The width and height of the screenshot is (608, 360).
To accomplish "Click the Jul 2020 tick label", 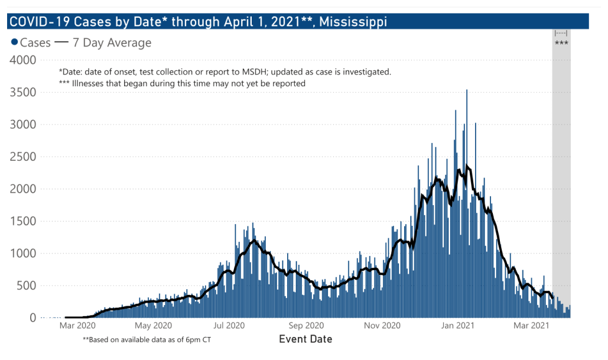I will tap(229, 325).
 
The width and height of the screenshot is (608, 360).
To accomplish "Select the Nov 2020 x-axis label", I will tap(383, 325).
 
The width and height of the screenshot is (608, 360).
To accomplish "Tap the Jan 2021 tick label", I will tap(458, 325).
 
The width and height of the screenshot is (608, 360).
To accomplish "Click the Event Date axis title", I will tap(305, 339).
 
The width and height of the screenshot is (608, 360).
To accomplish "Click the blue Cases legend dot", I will tap(15, 43).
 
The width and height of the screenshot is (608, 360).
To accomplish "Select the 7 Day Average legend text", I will tap(112, 43).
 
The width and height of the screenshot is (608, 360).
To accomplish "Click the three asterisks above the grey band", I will tap(561, 43).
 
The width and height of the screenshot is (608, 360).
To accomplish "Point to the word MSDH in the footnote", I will tap(253, 72).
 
